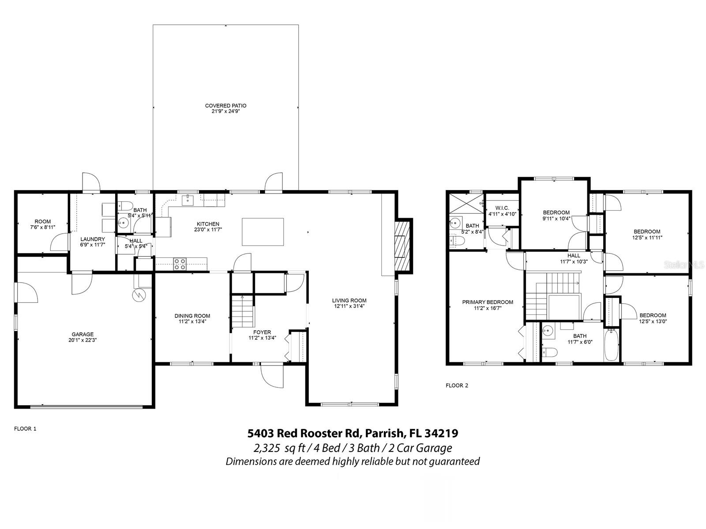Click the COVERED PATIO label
(225, 106)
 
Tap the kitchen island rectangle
(263, 231)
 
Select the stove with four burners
(180, 264)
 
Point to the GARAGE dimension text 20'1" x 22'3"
(83, 340)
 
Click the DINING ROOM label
(192, 316)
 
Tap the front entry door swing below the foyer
(271, 376)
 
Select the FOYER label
(262, 332)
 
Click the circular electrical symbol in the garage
(139, 294)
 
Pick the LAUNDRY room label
(93, 239)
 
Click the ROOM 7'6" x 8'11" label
(43, 224)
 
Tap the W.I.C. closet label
(502, 208)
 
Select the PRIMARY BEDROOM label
(488, 302)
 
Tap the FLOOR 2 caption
(457, 385)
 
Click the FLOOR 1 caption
(25, 428)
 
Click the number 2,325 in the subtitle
(267, 448)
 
